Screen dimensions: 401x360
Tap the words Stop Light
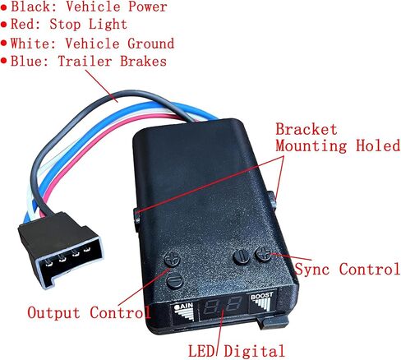(x=88, y=24)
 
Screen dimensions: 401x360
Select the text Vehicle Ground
(x=120, y=44)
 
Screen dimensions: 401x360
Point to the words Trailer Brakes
(x=113, y=61)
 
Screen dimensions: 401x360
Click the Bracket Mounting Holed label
(x=338, y=137)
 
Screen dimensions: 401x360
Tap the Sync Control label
(x=348, y=269)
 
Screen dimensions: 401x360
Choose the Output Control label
(x=89, y=312)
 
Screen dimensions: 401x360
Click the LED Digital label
(x=237, y=350)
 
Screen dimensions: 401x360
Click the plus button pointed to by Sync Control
(x=263, y=254)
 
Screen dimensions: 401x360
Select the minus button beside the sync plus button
(x=241, y=257)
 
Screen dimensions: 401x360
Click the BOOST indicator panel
(x=262, y=302)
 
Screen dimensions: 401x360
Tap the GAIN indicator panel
(x=184, y=312)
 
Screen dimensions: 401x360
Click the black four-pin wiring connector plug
(x=62, y=250)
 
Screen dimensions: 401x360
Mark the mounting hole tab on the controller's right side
(x=272, y=201)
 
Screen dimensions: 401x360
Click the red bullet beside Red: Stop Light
(x=4, y=25)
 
